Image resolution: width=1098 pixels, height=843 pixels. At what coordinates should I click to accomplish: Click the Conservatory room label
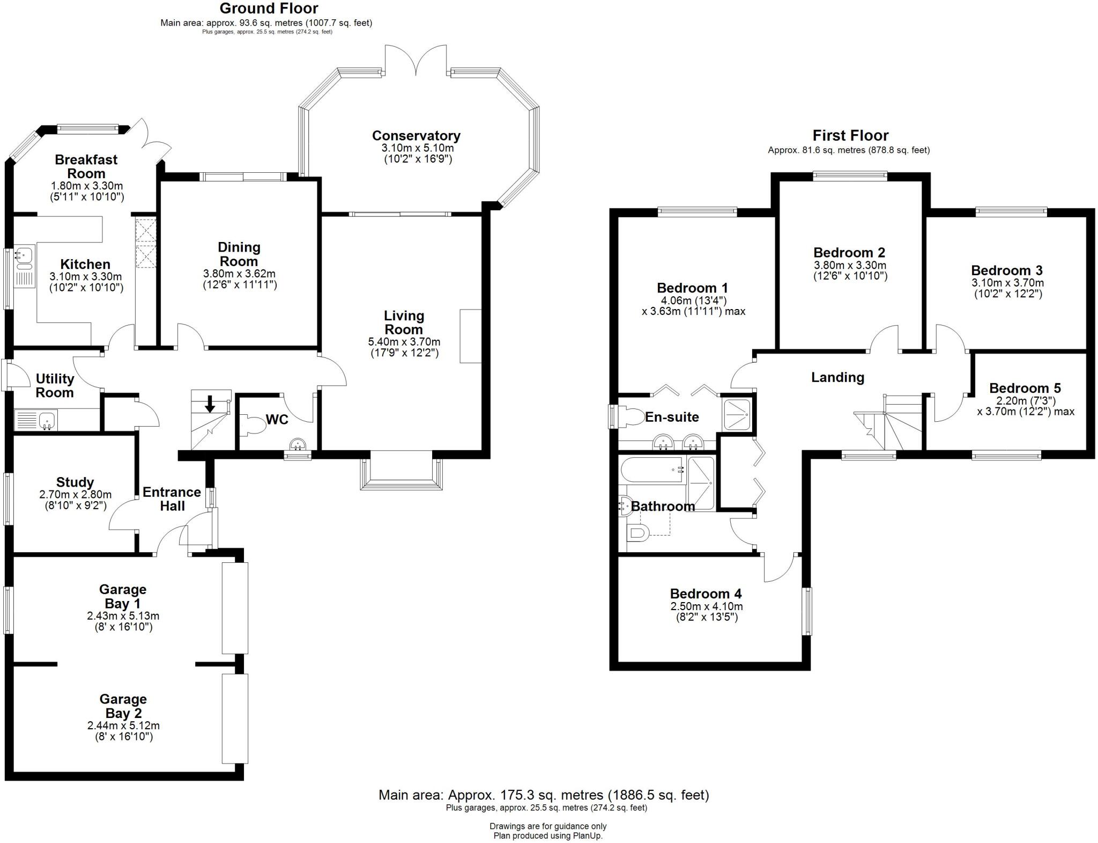click(x=416, y=136)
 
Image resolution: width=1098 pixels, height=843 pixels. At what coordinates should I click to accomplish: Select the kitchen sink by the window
click(x=25, y=258)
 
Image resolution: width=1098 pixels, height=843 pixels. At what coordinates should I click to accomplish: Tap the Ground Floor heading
click(x=269, y=9)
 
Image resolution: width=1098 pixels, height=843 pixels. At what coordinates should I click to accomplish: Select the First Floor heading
click(x=850, y=135)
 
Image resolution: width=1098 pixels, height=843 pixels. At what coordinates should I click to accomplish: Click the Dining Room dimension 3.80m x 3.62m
click(x=239, y=274)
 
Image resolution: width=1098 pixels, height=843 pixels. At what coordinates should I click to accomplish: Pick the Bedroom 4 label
click(x=706, y=594)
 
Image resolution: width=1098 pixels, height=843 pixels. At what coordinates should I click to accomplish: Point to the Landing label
click(x=837, y=378)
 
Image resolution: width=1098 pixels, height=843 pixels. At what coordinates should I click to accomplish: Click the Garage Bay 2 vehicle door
click(x=235, y=719)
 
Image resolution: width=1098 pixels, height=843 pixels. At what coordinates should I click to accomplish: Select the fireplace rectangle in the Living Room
click(x=470, y=336)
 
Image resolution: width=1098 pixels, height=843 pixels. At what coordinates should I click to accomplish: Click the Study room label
click(x=75, y=482)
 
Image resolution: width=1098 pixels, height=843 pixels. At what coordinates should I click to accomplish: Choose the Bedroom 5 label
click(x=1025, y=388)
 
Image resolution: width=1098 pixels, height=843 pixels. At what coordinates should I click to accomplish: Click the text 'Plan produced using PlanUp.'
click(x=548, y=836)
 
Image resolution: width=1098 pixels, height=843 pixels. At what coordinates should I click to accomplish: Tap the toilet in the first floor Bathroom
click(x=637, y=533)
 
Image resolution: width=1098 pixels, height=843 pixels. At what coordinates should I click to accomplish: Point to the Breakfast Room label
click(x=86, y=166)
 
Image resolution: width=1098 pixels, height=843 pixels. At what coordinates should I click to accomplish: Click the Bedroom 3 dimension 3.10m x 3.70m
click(x=1007, y=283)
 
